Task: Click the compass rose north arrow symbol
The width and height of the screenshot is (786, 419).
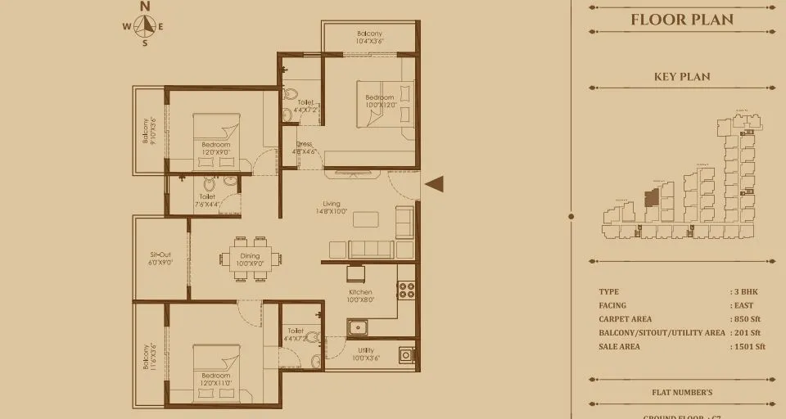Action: point(145,25)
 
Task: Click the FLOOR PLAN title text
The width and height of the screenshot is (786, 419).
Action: point(681,20)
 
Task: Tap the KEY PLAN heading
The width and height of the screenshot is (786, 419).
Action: point(681,77)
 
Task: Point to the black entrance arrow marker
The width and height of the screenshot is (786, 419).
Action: point(434,185)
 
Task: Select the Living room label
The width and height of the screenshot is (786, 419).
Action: point(331,208)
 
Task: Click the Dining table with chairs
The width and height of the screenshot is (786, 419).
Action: point(250,259)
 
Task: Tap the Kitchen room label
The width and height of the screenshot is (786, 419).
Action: point(360,295)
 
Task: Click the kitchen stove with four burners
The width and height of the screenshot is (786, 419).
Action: point(406,289)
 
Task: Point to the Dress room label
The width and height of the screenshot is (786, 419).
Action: point(304,147)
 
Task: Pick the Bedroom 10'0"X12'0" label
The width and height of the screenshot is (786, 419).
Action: point(380,101)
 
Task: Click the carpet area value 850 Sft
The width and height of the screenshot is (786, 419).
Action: point(747,319)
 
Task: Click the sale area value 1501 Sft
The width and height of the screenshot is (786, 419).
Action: point(748,346)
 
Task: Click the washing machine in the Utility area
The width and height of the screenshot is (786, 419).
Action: point(406,355)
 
